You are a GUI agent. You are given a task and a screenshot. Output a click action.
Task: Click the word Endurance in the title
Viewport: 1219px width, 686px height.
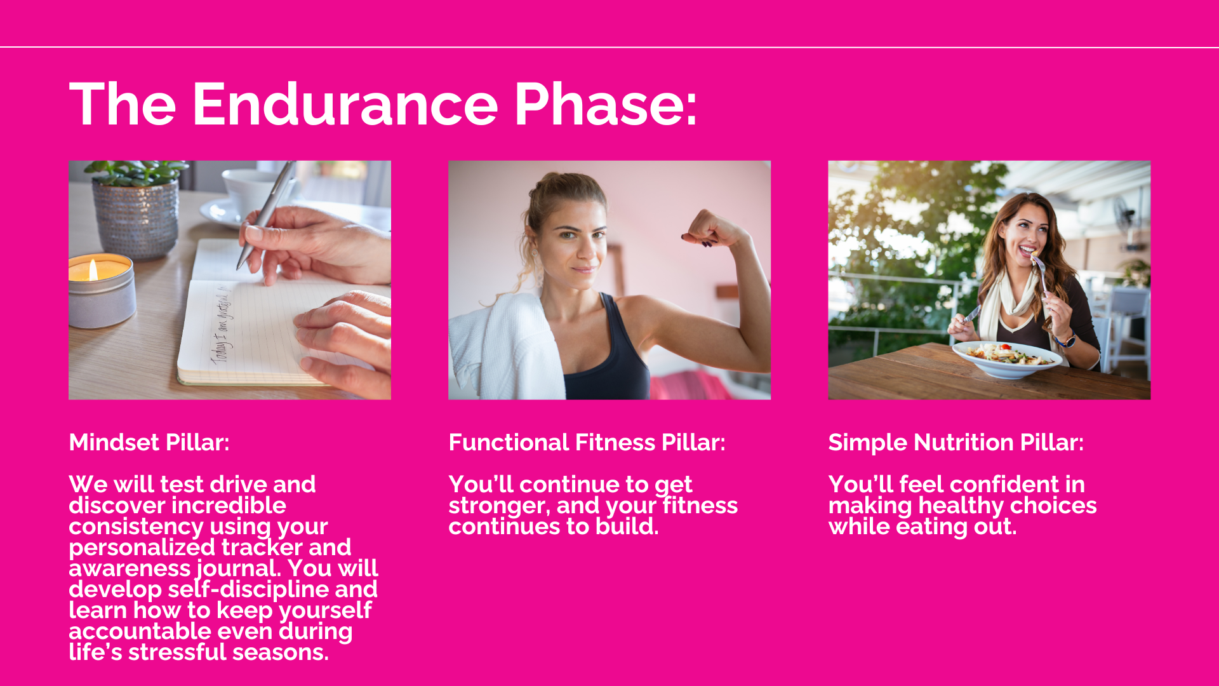[345, 104]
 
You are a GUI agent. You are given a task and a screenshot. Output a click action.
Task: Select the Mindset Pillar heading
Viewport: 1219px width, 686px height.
[149, 442]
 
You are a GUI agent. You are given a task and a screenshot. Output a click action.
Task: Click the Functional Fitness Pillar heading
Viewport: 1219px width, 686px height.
[587, 442]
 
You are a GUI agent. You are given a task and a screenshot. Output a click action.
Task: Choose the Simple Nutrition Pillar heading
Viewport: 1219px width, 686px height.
[956, 442]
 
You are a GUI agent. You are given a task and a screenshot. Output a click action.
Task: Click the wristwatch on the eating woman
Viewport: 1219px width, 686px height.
[1067, 341]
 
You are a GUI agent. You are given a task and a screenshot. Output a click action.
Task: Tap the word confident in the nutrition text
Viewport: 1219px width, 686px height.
[972, 485]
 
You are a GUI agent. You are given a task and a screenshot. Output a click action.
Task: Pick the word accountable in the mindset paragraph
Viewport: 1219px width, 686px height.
[140, 631]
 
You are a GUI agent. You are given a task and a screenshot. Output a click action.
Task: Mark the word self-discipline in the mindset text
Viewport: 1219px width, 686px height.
[248, 589]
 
